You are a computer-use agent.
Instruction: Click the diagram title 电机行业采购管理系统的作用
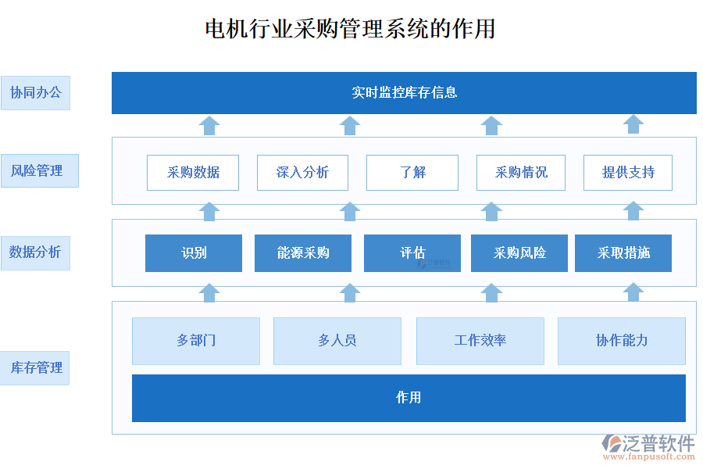(350, 29)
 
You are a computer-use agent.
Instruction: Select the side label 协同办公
(35, 92)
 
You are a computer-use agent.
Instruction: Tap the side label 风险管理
(39, 170)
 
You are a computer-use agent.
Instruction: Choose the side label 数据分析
(35, 252)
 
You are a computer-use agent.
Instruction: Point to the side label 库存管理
(35, 367)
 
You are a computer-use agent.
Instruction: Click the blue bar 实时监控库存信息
(404, 93)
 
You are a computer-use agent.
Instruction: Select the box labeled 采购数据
(193, 173)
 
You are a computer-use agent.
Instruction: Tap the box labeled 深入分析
(302, 173)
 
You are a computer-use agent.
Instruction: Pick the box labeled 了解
(412, 173)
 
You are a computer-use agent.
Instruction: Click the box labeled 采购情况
(522, 173)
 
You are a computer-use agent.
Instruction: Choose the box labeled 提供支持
(627, 173)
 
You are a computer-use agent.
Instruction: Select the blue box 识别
(194, 253)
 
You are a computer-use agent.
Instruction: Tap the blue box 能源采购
(303, 253)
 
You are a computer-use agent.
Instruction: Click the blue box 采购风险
(519, 253)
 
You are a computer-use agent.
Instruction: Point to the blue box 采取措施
(623, 253)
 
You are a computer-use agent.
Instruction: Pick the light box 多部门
(196, 341)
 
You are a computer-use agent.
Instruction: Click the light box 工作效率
(480, 341)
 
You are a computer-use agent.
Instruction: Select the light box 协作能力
(622, 341)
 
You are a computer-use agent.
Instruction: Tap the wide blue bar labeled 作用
(409, 398)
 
